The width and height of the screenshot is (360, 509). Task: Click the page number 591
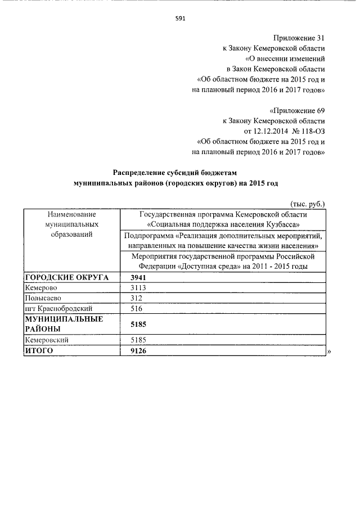tap(180, 18)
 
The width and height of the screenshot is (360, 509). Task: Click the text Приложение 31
tap(299, 38)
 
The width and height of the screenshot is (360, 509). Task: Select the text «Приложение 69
tap(297, 110)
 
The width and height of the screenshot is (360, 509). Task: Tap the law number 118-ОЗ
tap(311, 131)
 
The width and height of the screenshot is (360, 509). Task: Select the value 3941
tap(138, 277)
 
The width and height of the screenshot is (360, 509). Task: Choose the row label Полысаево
tap(43, 298)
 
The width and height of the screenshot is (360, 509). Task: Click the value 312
tap(136, 298)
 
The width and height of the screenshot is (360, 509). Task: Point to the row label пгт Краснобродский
tap(58, 309)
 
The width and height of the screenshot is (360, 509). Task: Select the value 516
tap(136, 309)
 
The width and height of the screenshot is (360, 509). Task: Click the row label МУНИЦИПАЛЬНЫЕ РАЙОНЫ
tap(64, 325)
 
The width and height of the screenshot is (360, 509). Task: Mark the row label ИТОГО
tap(39, 351)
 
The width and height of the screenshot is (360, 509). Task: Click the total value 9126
tap(138, 351)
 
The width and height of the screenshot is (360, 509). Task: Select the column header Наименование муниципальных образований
tap(72, 224)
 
